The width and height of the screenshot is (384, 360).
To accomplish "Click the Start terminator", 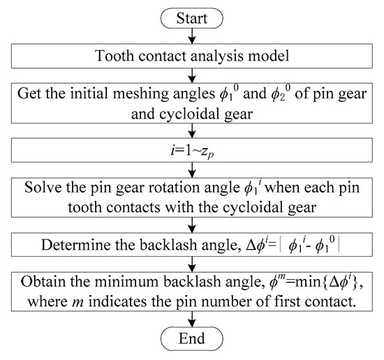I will click(x=192, y=15).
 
